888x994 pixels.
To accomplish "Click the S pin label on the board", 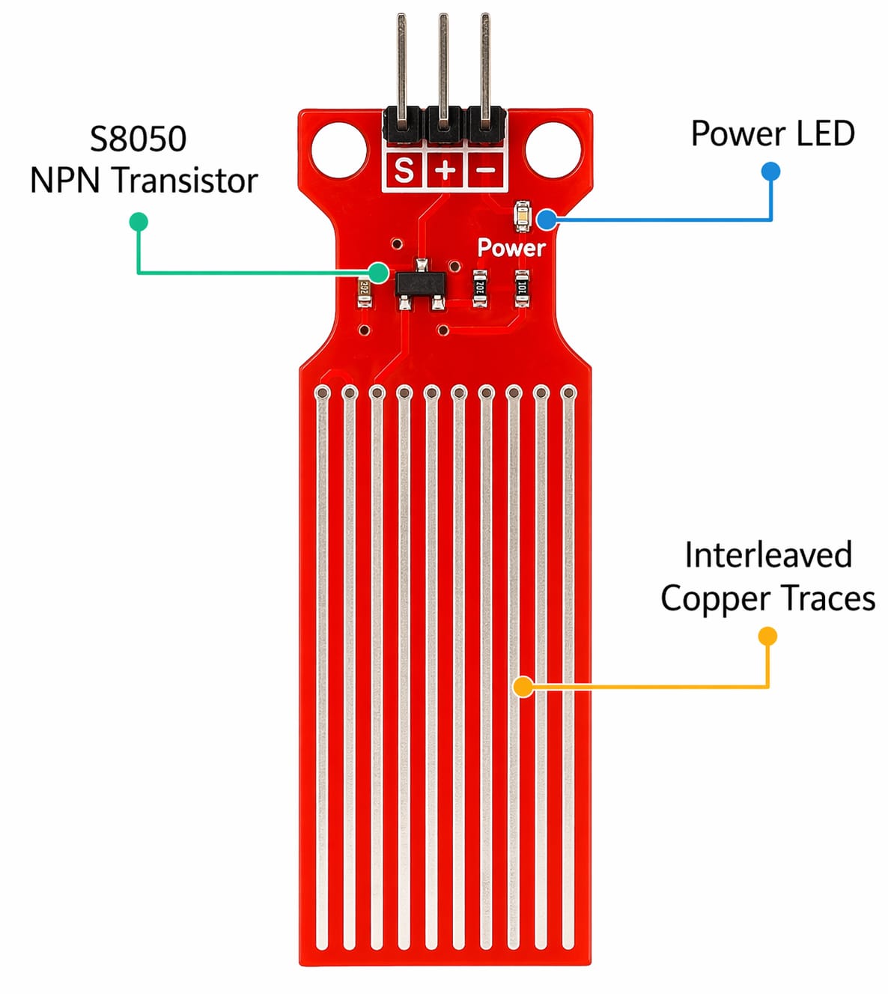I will (x=404, y=171).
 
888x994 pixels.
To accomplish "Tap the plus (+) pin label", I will (x=445, y=171).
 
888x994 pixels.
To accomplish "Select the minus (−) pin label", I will (x=486, y=171).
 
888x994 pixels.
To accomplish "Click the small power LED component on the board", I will (x=522, y=216).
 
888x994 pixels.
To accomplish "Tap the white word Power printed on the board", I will (x=511, y=248).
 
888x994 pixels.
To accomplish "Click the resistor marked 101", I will (x=522, y=288).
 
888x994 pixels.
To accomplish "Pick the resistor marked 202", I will (x=480, y=288).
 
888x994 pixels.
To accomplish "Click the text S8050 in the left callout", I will (x=139, y=139).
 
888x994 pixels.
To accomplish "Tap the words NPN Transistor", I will (x=144, y=181).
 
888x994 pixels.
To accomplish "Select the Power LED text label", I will (x=772, y=134).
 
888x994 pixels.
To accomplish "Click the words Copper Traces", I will (x=767, y=598).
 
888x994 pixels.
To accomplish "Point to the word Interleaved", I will (x=768, y=556).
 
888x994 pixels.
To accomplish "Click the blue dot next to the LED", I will (x=547, y=219).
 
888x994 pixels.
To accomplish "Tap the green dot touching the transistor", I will (x=379, y=273).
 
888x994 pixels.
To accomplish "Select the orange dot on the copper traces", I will (x=523, y=686).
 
